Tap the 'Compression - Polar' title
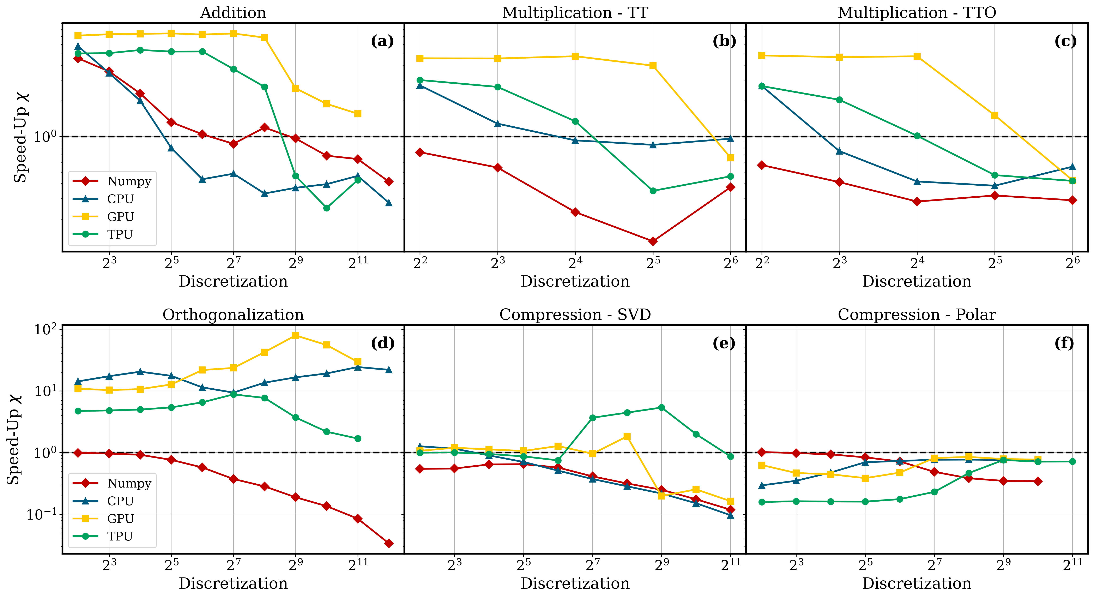point(917,315)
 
